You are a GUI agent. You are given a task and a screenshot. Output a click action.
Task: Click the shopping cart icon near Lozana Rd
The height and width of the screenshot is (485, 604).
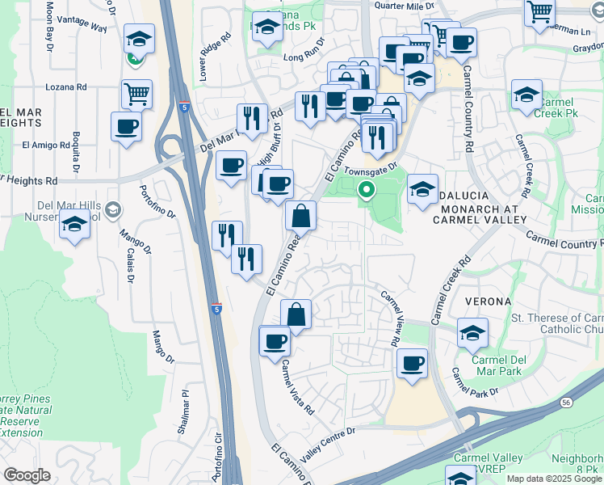click(x=136, y=94)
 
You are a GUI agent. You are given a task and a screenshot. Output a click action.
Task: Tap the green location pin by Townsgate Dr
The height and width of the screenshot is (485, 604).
click(x=366, y=191)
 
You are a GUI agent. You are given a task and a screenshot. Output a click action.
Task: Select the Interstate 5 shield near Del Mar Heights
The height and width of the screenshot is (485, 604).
click(x=187, y=106)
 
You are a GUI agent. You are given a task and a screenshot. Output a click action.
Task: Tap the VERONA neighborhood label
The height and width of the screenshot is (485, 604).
click(x=489, y=302)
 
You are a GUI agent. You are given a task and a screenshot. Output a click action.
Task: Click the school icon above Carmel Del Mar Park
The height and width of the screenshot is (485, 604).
click(x=472, y=331)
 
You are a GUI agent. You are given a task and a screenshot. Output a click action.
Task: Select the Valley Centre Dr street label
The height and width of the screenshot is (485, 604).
click(x=328, y=444)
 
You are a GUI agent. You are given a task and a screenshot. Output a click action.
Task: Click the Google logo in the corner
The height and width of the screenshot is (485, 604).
click(x=27, y=475)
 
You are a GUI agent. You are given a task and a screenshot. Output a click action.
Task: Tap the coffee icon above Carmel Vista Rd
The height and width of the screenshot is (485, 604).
click(x=275, y=340)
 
